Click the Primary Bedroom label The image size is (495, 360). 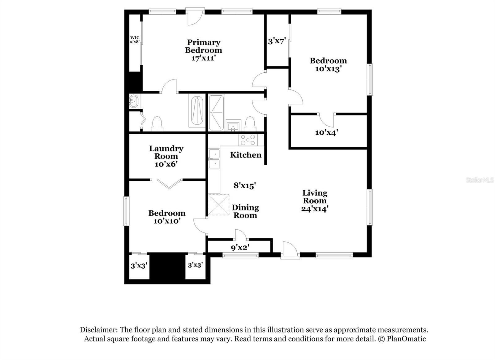click(203, 46)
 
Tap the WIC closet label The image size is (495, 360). click(135, 38)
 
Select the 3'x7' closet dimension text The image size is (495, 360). click(277, 41)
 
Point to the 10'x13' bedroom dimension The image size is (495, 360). click(328, 69)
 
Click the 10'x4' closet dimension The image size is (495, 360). click(326, 132)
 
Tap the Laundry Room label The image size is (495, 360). click(166, 152)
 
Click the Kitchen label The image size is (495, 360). click(246, 155)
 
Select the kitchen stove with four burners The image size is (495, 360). click(247, 140)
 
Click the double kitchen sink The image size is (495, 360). click(214, 159)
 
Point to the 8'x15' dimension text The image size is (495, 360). click(244, 185)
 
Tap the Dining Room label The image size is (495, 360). click(245, 211)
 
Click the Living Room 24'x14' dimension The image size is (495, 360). click(315, 209)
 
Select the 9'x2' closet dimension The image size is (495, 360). click(240, 247)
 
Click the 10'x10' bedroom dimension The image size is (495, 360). click(167, 221)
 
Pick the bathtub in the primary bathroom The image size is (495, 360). click(197, 111)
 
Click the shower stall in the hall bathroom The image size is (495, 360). click(216, 112)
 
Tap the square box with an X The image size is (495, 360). click(218, 205)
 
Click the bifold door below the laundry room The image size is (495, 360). click(169, 183)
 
